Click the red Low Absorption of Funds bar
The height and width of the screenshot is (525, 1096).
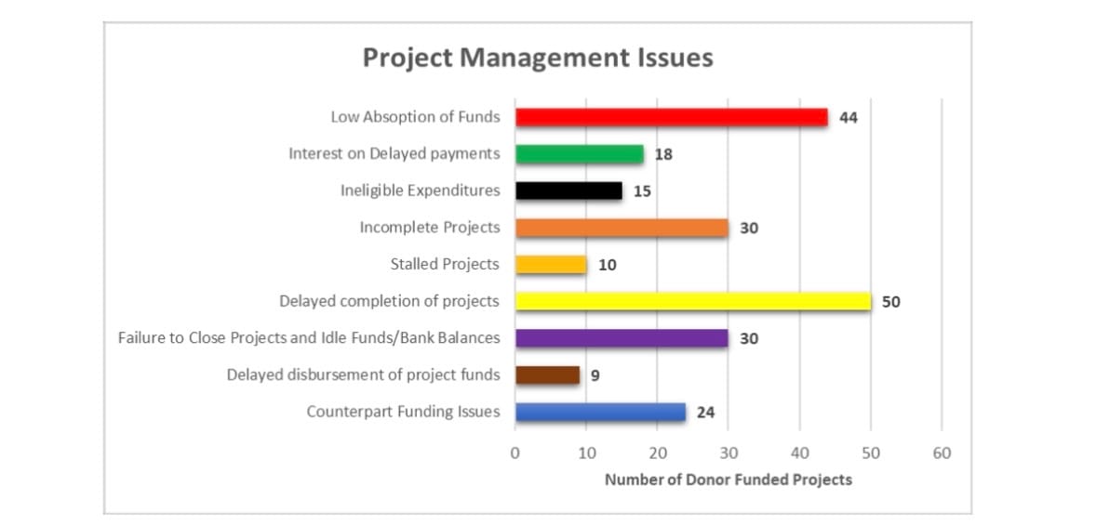(671, 117)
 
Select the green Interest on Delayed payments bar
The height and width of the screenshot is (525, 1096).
(579, 154)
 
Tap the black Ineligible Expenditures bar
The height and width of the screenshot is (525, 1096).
(568, 190)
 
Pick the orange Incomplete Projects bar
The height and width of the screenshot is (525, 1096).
(622, 228)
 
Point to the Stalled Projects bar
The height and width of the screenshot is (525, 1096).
(551, 265)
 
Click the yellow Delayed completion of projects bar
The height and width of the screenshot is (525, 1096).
(692, 301)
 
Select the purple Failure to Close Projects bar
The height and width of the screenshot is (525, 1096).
(622, 338)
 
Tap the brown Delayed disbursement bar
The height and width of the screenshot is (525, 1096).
(547, 375)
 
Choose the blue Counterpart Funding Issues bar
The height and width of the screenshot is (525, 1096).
(600, 412)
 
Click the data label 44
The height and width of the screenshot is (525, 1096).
(848, 118)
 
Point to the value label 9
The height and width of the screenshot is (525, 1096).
(595, 375)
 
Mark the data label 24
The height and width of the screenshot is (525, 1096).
(705, 413)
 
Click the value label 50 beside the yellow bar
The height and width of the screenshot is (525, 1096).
(890, 302)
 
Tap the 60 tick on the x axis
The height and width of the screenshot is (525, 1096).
(942, 453)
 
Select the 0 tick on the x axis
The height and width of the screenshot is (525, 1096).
(515, 453)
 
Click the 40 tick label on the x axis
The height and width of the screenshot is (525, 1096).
(799, 453)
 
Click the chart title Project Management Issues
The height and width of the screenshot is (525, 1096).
(538, 58)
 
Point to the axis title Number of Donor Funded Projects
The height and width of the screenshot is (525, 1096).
(728, 479)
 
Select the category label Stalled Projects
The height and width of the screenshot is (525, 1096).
(445, 265)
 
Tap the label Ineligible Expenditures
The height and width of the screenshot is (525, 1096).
(420, 190)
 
